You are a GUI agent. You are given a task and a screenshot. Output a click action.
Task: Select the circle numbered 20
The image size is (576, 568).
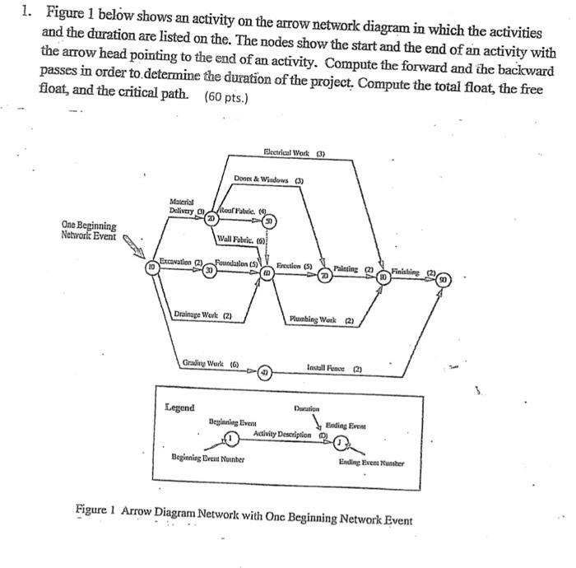(x=211, y=219)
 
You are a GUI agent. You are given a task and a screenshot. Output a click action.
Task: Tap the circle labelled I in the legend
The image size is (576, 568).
(x=232, y=436)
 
